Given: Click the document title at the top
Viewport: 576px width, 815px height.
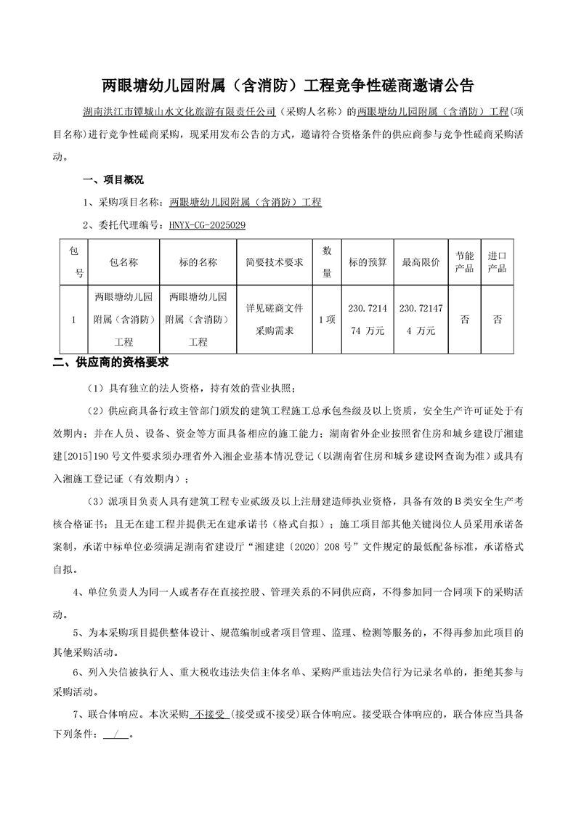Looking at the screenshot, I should pos(288,85).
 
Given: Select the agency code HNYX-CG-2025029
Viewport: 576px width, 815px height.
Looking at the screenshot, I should pos(207,226).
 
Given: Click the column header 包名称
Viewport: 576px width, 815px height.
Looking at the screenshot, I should pos(123,261).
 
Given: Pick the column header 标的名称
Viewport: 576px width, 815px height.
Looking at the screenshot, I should pos(198,261).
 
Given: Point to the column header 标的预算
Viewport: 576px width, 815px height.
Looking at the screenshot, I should pos(368,261).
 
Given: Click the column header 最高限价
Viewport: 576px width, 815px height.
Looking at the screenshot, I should pos(421,261).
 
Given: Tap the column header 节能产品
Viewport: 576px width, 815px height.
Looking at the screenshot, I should pos(464,261).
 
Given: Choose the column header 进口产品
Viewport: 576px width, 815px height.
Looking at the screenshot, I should pos(498,261).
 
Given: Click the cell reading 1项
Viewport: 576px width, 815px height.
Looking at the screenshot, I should pos(327,319).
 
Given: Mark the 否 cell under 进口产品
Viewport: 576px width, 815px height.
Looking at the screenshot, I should pos(498,319).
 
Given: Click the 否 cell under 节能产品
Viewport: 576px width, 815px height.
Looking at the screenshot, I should pos(464,319).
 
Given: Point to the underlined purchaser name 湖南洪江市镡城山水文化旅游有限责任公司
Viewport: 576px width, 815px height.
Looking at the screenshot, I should pos(179,113).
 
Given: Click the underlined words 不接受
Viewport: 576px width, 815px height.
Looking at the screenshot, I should pos(209,714).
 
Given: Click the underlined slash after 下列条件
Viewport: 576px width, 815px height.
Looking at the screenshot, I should pos(115,734).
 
